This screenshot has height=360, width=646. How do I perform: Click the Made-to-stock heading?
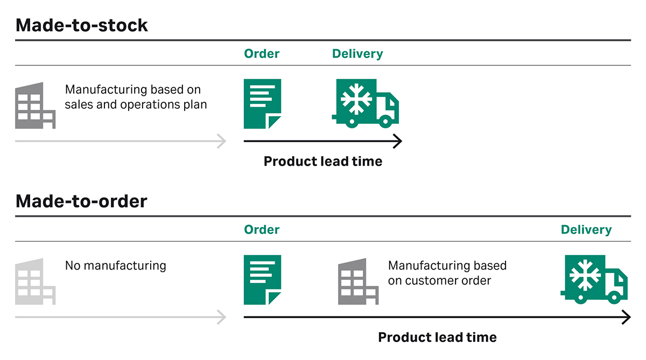click(81, 25)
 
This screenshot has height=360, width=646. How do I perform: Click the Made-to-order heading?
click(81, 201)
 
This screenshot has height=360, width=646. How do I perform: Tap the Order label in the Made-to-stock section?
click(262, 54)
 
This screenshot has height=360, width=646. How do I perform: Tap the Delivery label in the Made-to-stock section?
click(357, 54)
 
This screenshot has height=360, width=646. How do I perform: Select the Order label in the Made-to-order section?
click(262, 230)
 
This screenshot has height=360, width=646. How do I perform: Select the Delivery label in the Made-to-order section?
click(586, 230)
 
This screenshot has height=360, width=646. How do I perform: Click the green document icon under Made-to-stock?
click(262, 104)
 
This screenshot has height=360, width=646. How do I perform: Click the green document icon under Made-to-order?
click(262, 280)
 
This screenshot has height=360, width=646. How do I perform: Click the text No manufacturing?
click(116, 265)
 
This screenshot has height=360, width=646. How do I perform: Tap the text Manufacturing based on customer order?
click(447, 273)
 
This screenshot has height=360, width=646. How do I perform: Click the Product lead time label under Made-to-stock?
click(322, 161)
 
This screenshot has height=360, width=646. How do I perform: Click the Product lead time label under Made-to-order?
click(437, 337)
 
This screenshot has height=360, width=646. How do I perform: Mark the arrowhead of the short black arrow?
click(397, 142)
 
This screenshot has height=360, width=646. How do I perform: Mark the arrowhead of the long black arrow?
click(626, 317)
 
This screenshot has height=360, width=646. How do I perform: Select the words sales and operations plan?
click(136, 104)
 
